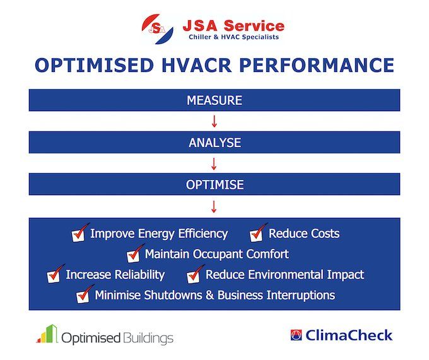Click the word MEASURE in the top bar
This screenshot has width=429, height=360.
[214, 100]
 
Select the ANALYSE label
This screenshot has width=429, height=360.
[214, 143]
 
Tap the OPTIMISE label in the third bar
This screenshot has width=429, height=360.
[214, 184]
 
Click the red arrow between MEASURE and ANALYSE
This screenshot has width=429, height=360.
[214, 121]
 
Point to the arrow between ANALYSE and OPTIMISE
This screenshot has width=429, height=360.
[214, 164]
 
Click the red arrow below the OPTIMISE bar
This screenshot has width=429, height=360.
[214, 207]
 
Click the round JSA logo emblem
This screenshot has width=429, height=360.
[157, 29]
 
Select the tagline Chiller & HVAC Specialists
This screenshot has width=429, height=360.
[233, 37]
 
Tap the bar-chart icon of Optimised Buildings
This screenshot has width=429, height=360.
[47, 333]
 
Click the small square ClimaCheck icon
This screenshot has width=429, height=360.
[296, 335]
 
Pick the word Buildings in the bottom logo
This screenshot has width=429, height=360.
[148, 338]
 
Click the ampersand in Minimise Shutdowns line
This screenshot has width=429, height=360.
[209, 296]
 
